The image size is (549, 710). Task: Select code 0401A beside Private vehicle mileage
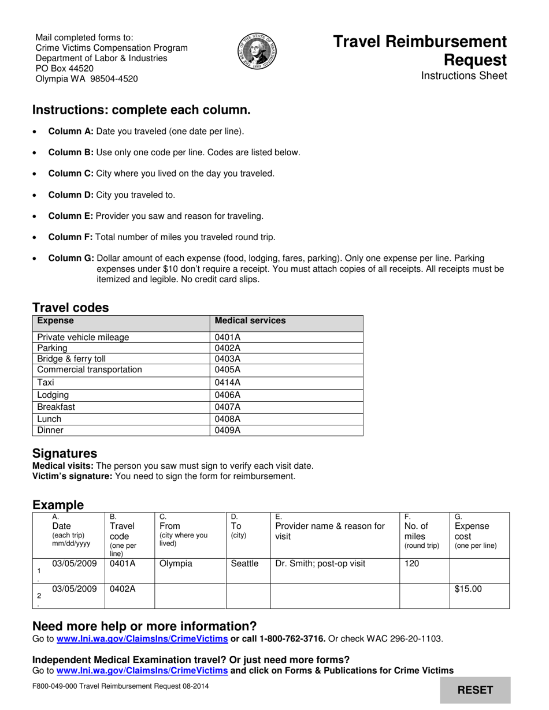227,337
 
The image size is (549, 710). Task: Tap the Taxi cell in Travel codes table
46,382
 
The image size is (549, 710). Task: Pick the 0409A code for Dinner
227,430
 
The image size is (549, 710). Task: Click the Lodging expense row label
53,395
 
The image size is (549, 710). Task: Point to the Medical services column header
250,320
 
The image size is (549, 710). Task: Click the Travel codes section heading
71,308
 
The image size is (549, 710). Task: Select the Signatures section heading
65,453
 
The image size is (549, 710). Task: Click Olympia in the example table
176,563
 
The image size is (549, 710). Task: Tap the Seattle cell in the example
244,563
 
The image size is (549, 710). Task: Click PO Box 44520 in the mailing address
65,69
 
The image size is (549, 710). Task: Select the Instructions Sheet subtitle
464,76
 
